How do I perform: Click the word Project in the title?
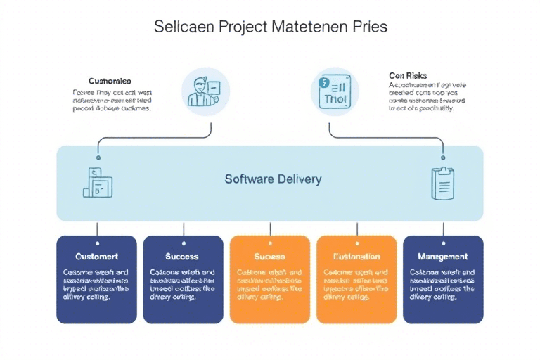click(243, 27)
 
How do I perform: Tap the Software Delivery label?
click(273, 179)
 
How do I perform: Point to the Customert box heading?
click(96, 257)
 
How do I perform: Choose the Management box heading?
click(443, 257)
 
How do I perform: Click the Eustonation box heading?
click(356, 257)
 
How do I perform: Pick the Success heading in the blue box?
click(182, 257)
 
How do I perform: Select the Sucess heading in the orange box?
click(269, 257)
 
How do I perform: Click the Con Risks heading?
click(409, 75)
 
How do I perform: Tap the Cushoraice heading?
click(110, 81)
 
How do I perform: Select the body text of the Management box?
click(443, 284)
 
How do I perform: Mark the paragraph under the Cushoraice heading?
click(112, 101)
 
